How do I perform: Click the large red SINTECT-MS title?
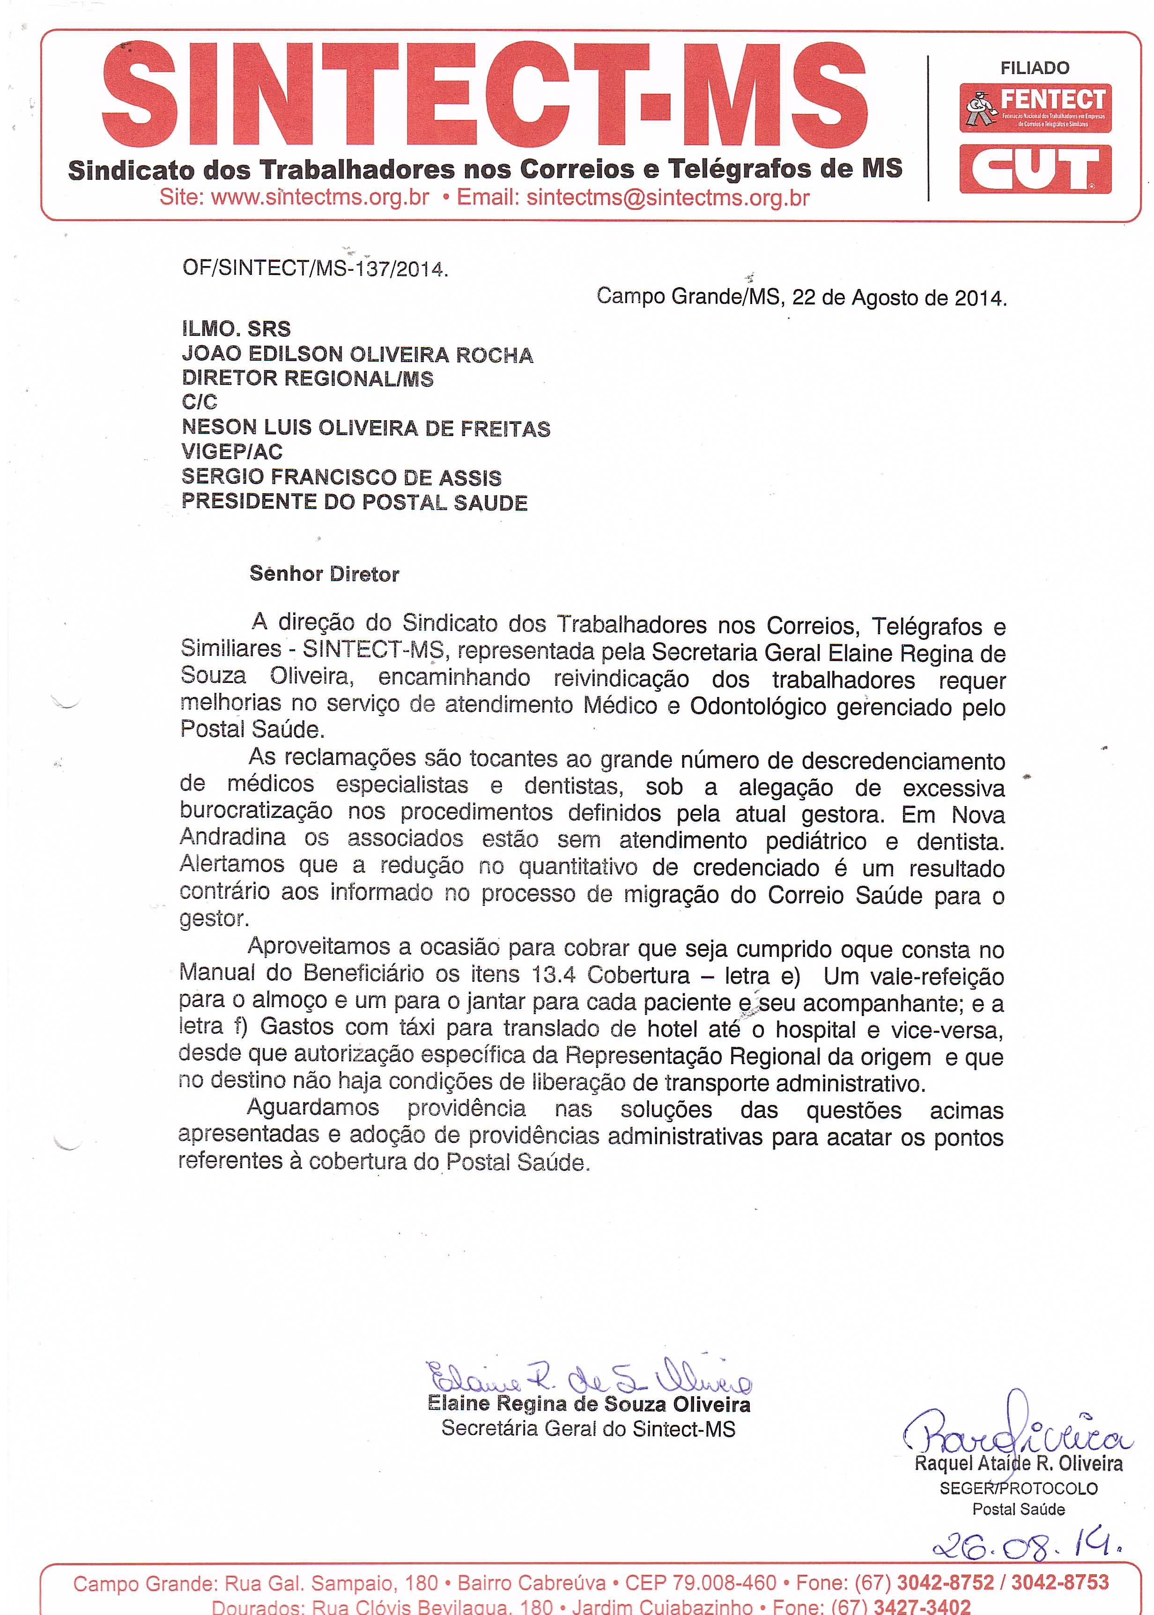pos(483,95)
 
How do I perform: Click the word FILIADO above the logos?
pos(1035,68)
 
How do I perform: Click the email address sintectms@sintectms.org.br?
pos(667,198)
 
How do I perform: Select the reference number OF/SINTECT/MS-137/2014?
pos(315,268)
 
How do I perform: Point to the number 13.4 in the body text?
pos(554,974)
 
